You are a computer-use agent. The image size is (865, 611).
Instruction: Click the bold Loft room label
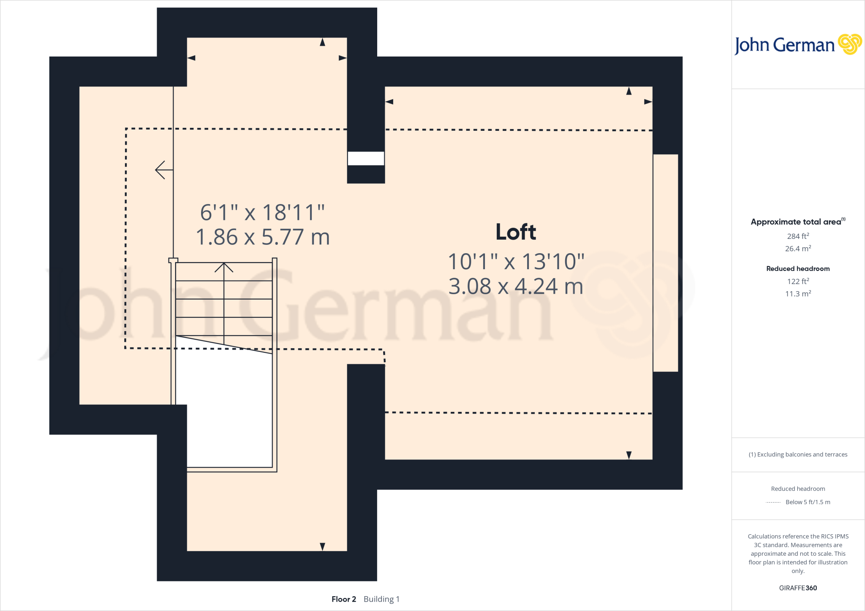pos(516,232)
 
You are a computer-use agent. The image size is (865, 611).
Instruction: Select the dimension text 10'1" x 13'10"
pos(516,262)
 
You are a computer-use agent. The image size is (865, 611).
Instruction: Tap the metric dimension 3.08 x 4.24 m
pos(516,286)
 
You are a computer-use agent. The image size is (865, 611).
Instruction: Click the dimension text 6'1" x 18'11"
pos(262,212)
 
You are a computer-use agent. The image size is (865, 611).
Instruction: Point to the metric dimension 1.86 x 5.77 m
pos(262,237)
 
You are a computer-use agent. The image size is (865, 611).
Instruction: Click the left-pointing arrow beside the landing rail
pos(163,170)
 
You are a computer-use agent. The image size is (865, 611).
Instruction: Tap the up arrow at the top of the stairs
pos(224,268)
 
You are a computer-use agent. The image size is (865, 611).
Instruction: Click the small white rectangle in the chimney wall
pos(366,159)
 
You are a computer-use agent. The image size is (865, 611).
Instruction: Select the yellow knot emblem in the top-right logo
pos(849,44)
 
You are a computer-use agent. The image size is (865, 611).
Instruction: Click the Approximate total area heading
pos(796,222)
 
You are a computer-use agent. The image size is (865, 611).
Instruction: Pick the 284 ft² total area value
pos(798,236)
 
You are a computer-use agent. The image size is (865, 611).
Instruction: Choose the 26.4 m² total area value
pos(798,249)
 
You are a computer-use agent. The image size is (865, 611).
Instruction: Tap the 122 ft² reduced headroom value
pos(798,281)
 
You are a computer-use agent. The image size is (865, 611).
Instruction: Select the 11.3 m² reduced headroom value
pos(798,294)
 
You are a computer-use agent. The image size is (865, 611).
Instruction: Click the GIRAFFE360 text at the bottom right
pos(798,588)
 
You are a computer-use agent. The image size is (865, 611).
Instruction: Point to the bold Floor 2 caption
pos(343,599)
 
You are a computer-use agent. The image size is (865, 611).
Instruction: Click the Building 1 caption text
pos(381,599)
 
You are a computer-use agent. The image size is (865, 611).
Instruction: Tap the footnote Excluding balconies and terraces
pos(798,454)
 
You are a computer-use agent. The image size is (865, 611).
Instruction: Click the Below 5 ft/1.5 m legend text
pos(808,502)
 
